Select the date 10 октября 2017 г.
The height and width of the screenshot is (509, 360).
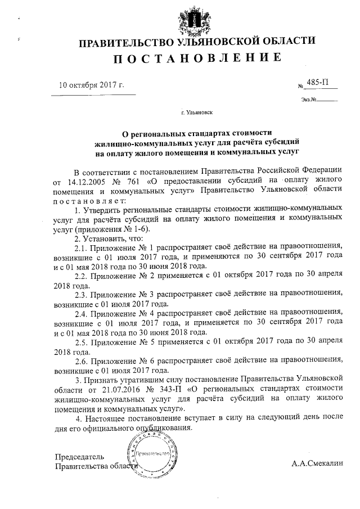point(92,85)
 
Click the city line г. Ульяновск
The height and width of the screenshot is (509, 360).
point(194,112)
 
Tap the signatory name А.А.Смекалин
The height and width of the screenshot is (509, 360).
point(317,465)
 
